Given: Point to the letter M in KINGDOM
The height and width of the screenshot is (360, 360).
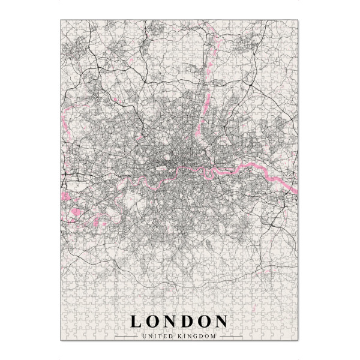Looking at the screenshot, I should pos(213,335).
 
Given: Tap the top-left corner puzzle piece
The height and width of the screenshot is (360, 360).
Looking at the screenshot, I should pos(66,25).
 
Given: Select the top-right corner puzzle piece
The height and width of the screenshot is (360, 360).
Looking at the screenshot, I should pos(294,25).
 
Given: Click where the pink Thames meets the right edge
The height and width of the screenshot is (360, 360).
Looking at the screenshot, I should pos(296,191).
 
